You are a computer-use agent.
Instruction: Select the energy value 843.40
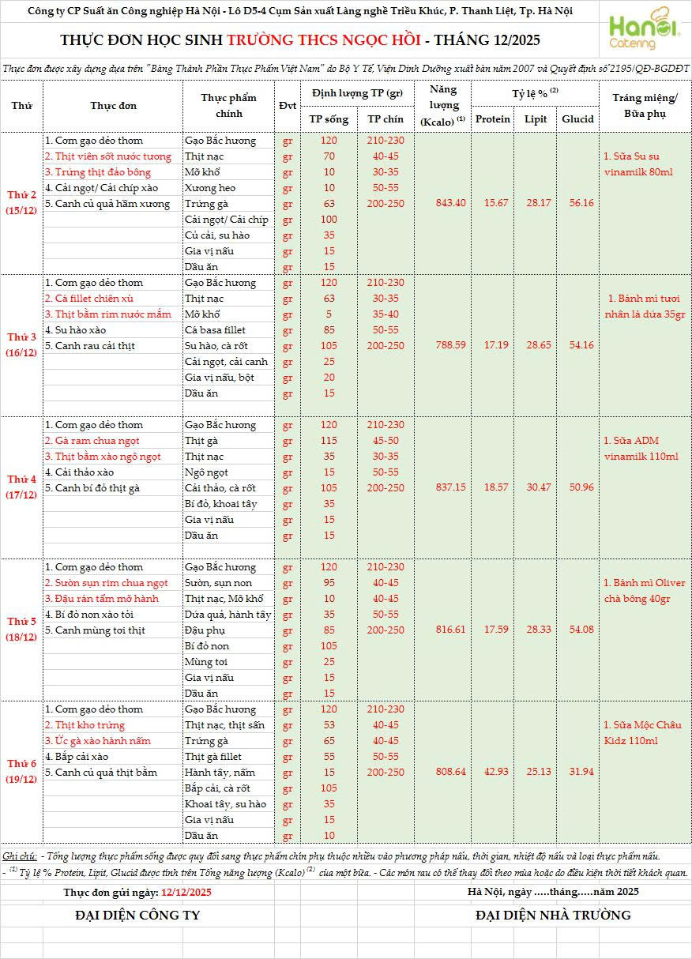(451, 203)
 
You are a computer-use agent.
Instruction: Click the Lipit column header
(536, 119)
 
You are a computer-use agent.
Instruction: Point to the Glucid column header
(577, 119)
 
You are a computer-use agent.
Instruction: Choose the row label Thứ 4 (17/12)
(22, 487)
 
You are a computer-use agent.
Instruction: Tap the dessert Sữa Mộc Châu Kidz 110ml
(641, 733)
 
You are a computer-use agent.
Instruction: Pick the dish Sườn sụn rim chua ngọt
(106, 583)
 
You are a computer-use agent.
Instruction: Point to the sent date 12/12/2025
(186, 892)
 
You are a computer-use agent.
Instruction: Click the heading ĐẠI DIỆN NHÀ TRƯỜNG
(553, 916)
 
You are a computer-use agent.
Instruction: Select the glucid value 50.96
(577, 487)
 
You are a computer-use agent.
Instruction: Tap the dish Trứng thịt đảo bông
(97, 172)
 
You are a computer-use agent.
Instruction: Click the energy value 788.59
(451, 345)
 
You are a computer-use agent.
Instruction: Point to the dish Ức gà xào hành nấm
(97, 741)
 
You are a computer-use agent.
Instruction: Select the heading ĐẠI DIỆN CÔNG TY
(137, 916)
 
